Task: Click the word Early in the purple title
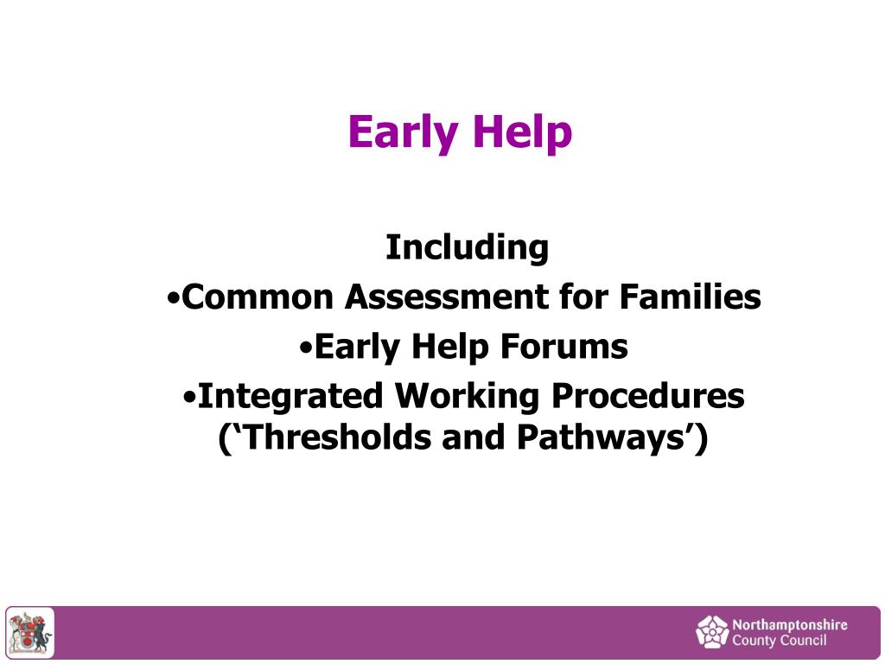[404, 133]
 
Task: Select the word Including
[467, 247]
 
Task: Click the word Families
[690, 297]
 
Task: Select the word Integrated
[290, 396]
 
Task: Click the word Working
[468, 396]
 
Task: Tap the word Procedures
[648, 396]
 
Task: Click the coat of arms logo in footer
[30, 633]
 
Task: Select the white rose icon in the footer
[712, 632]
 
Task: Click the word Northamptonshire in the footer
[789, 624]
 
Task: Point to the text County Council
[779, 641]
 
